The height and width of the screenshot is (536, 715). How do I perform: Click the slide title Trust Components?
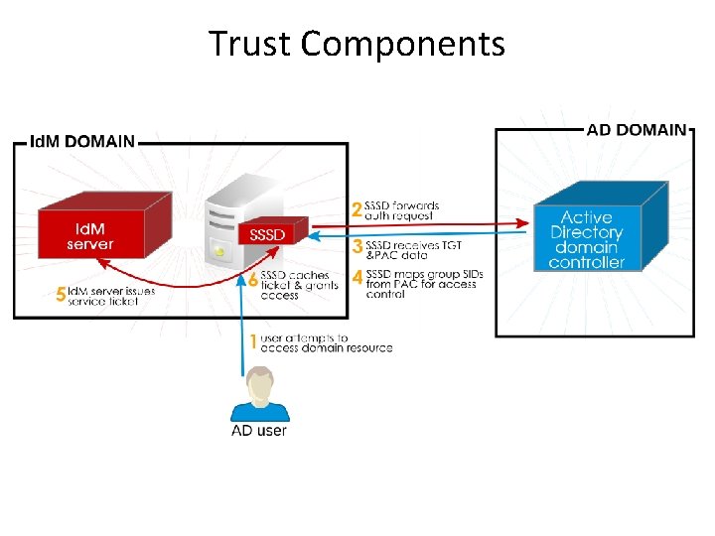(357, 44)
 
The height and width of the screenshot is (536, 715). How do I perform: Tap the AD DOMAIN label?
(636, 129)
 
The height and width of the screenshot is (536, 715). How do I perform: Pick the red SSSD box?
(267, 234)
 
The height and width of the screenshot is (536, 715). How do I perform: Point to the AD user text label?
(259, 431)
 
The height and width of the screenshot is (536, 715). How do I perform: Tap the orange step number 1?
(253, 342)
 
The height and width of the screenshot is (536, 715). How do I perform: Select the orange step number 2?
(357, 210)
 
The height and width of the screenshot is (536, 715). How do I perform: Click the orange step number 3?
(357, 245)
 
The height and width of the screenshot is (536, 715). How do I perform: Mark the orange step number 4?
(357, 279)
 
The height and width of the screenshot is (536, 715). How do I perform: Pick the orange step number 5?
(61, 295)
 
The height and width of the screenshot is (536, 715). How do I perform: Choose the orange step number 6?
(253, 281)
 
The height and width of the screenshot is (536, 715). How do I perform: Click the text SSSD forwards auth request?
(402, 210)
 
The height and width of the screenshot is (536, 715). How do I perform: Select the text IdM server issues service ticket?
(110, 296)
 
